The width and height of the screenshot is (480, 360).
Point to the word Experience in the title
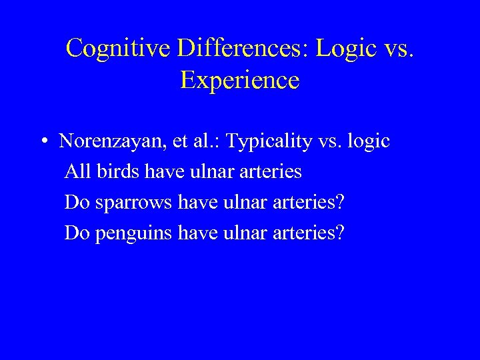(240, 80)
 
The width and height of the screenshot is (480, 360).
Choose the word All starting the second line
(78, 172)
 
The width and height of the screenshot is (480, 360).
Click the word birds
(117, 172)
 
